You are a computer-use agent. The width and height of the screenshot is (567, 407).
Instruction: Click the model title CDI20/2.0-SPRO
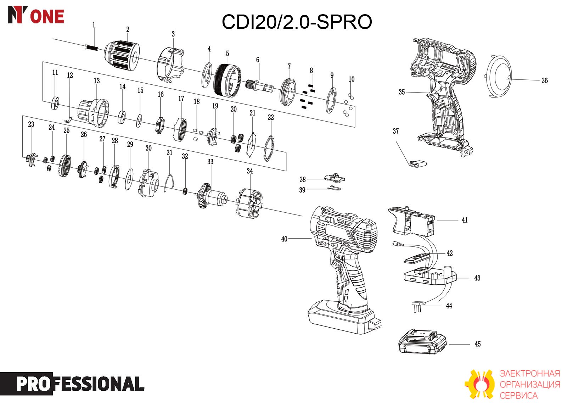click(x=297, y=22)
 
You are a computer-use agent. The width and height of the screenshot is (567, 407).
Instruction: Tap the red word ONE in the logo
click(x=47, y=17)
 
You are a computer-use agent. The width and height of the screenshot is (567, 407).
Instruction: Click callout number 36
click(x=544, y=80)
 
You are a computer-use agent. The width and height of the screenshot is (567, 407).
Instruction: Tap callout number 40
click(x=284, y=239)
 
